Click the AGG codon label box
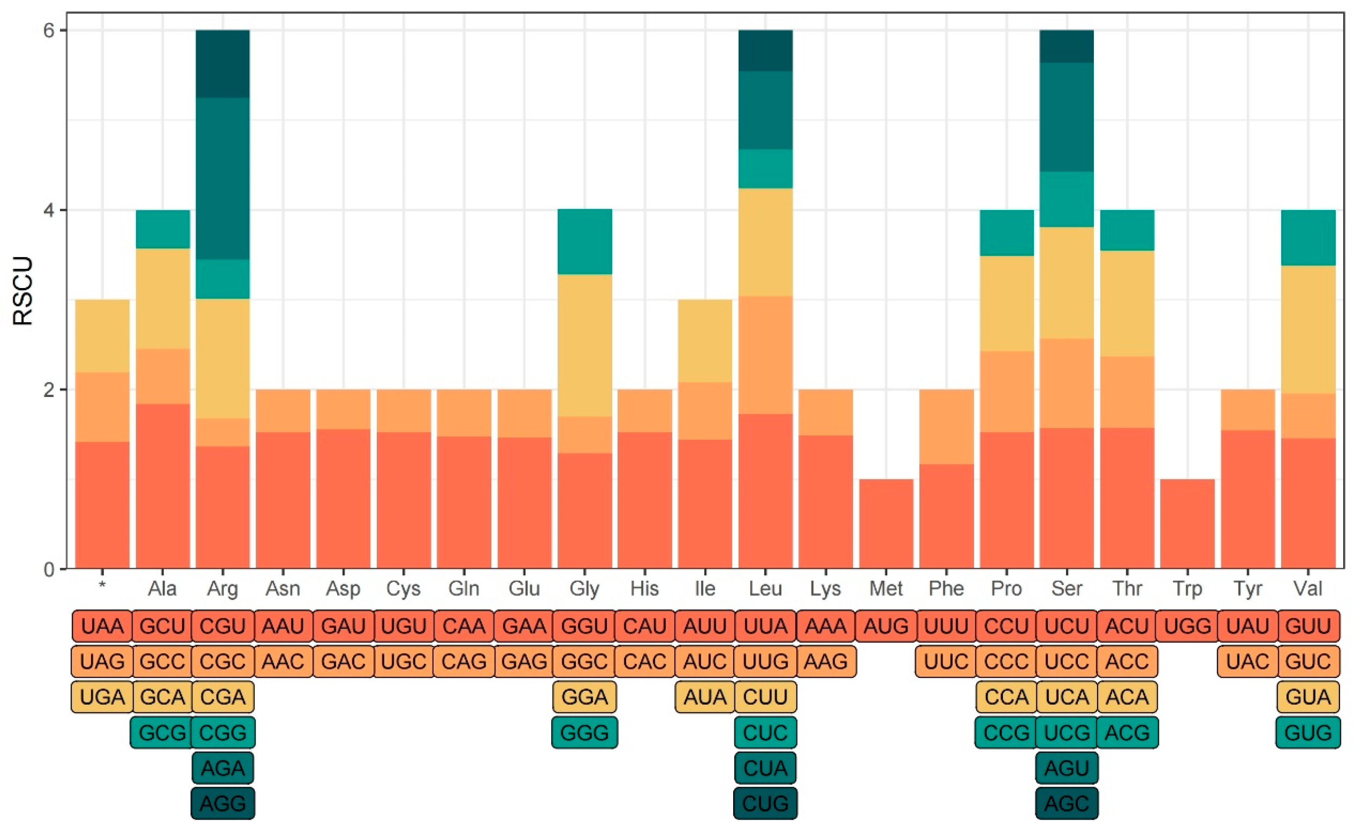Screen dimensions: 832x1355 pyautogui.click(x=222, y=803)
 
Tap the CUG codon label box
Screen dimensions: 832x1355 pyautogui.click(x=765, y=803)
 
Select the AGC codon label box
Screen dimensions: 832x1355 pyautogui.click(x=1066, y=803)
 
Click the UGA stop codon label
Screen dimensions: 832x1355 pyautogui.click(x=102, y=697)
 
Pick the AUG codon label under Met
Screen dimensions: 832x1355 pyautogui.click(x=886, y=625)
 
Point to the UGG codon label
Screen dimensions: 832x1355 pyautogui.click(x=1187, y=625)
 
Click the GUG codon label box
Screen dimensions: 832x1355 pyautogui.click(x=1308, y=732)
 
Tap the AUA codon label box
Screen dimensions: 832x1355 pyautogui.click(x=705, y=697)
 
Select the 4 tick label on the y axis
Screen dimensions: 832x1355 pyautogui.click(x=49, y=210)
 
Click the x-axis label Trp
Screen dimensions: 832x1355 pyautogui.click(x=1187, y=589)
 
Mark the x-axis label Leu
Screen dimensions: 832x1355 pyautogui.click(x=765, y=589)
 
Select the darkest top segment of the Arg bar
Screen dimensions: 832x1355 pyautogui.click(x=222, y=63)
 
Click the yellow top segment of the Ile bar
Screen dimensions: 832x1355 pyautogui.click(x=705, y=340)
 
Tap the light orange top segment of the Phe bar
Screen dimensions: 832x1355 pyautogui.click(x=946, y=426)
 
